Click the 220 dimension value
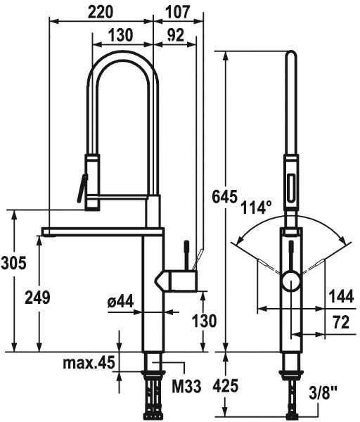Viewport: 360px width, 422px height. [x=101, y=12]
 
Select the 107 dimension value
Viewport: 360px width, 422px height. [x=178, y=12]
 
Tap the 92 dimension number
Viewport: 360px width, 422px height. [x=175, y=35]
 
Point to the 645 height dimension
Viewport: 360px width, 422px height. [x=225, y=196]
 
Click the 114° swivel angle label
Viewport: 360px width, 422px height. [x=256, y=207]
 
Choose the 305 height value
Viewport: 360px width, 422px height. [x=14, y=262]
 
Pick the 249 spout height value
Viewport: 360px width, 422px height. [x=37, y=298]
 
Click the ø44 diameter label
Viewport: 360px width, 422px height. [x=120, y=302]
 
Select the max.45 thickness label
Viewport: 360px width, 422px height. [x=89, y=363]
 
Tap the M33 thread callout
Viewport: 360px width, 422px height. [x=186, y=386]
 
